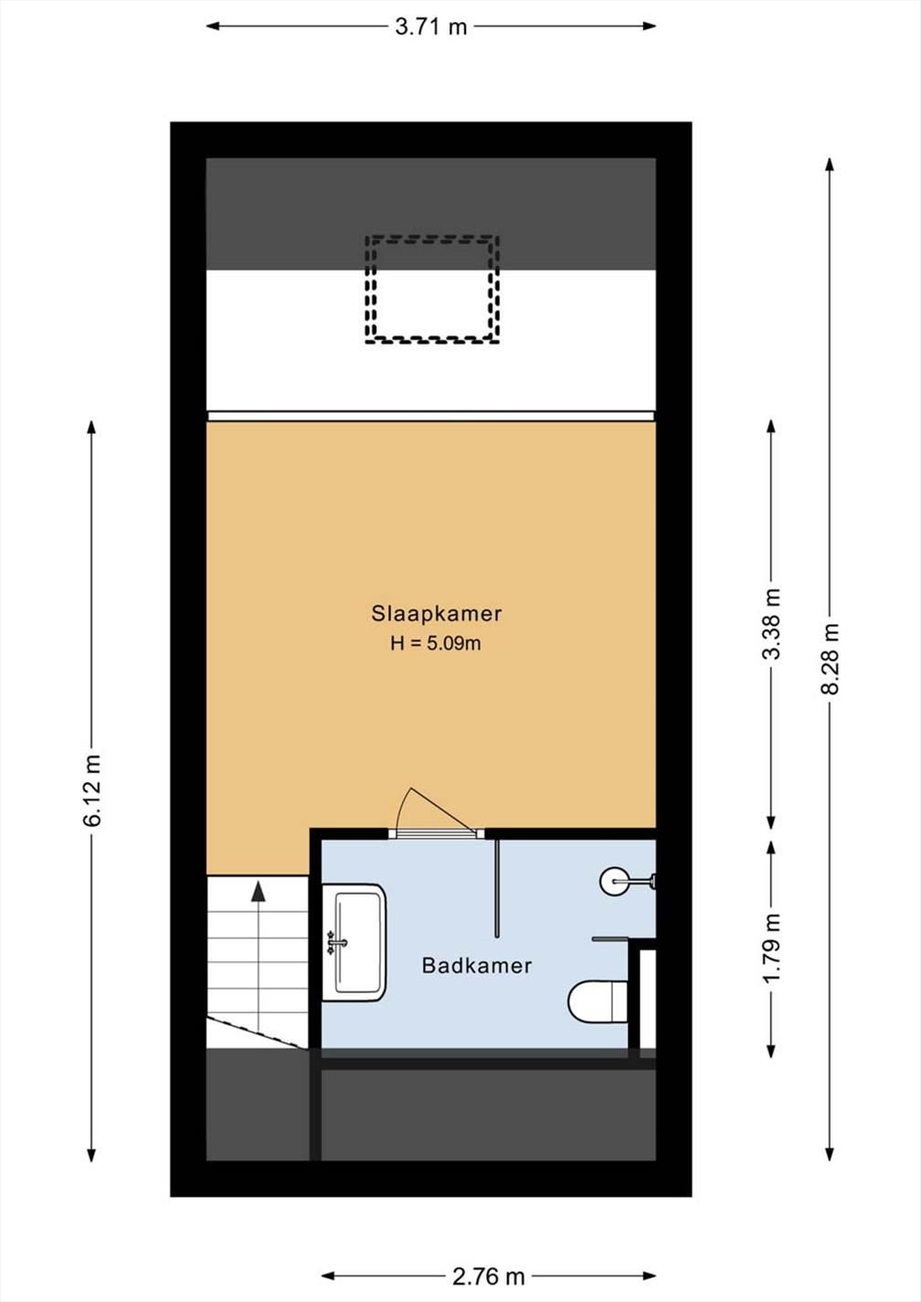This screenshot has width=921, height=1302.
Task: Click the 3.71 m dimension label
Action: [x=431, y=26]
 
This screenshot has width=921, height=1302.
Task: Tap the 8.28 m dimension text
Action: [x=831, y=659]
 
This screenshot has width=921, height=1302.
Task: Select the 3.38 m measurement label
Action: [x=772, y=624]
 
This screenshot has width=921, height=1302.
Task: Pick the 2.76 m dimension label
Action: [x=488, y=1272]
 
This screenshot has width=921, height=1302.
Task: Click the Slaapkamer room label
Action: [x=437, y=614]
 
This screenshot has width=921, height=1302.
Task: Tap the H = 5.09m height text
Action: [x=436, y=644]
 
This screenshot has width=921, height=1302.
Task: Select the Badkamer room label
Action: [x=476, y=966]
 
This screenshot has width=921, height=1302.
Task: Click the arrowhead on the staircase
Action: [x=258, y=891]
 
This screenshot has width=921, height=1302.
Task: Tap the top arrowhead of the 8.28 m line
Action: [x=830, y=164]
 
